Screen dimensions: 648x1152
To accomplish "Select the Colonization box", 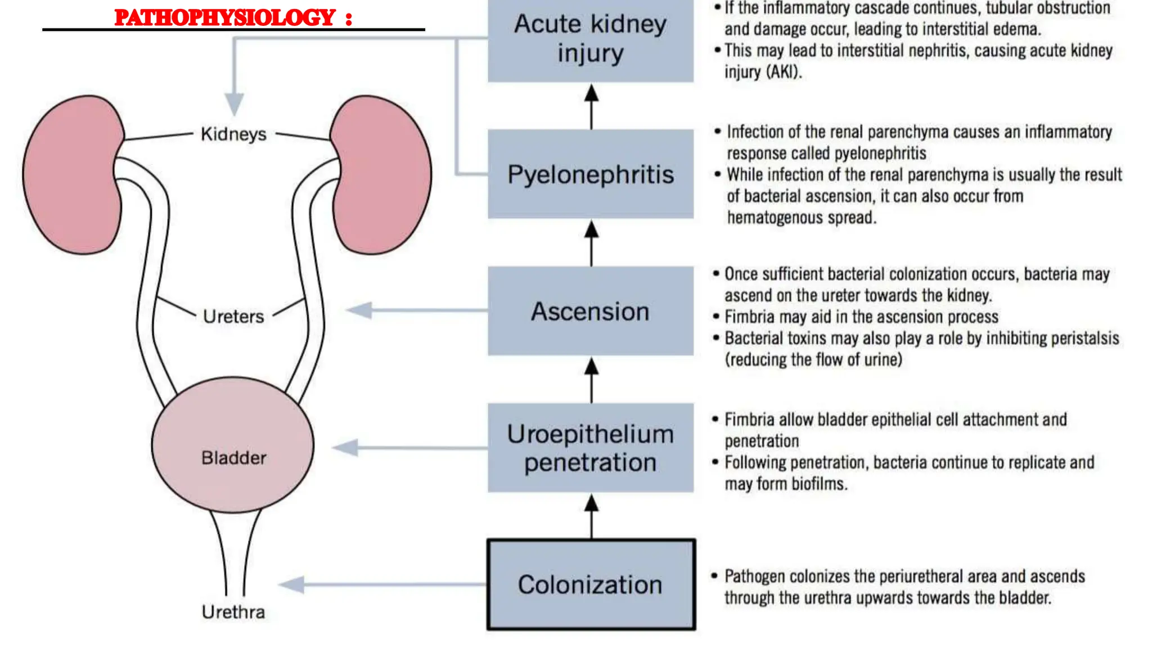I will click(591, 584).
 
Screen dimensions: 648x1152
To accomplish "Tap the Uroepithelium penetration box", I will click(591, 448).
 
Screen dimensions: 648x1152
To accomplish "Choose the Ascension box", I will click(591, 311).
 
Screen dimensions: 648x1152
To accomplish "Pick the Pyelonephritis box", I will click(591, 174).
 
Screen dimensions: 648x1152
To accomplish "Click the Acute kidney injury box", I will click(591, 39).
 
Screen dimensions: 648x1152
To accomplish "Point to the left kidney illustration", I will click(70, 174).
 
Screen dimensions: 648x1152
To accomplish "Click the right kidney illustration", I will click(382, 174).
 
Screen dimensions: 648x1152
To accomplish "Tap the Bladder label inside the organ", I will click(233, 458).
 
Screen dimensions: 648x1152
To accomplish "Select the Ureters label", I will click(233, 317).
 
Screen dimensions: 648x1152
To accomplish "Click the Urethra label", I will click(233, 612).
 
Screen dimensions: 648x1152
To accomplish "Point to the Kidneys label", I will click(233, 134).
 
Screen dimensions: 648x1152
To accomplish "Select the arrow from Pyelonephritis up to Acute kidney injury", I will click(591, 107).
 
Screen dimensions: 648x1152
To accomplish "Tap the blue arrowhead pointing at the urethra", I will click(292, 585).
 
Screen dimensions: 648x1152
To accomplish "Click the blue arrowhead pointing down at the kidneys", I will click(235, 104).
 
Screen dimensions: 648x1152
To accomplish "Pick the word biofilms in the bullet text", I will click(819, 484).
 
